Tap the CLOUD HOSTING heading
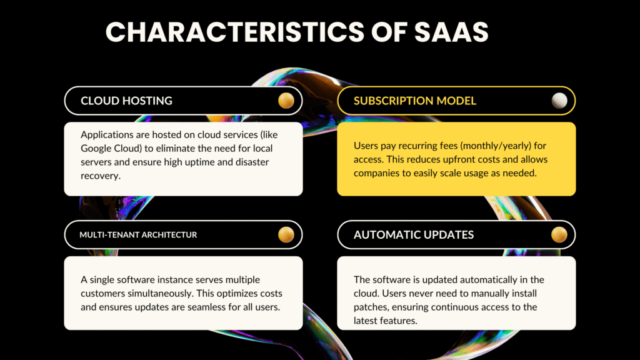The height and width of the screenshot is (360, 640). click(126, 101)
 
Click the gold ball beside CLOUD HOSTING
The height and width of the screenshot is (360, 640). click(286, 101)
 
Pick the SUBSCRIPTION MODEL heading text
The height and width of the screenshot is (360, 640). click(415, 101)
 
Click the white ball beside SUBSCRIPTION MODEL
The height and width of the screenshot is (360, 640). click(559, 101)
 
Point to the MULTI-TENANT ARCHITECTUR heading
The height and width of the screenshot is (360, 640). click(138, 235)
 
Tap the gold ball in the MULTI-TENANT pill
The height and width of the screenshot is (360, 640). click(286, 235)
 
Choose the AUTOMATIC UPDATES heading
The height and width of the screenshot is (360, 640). click(414, 235)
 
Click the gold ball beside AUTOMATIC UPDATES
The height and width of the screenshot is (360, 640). click(559, 235)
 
